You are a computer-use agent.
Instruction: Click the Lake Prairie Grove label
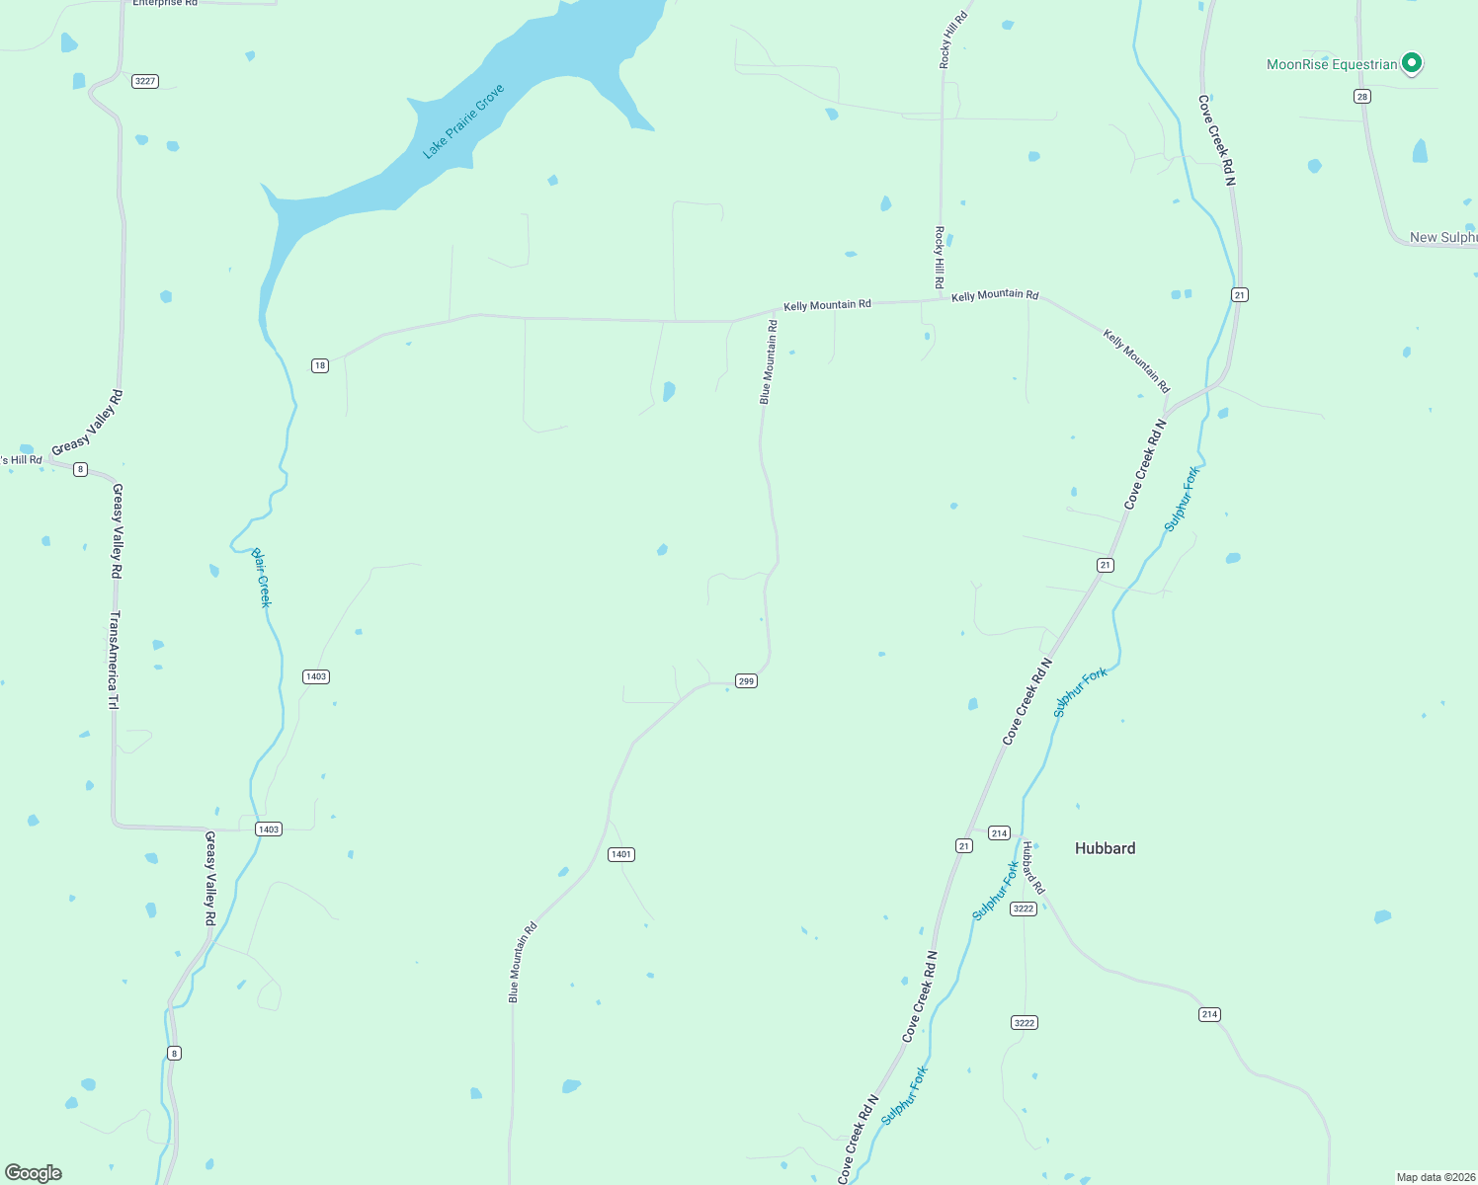point(463,121)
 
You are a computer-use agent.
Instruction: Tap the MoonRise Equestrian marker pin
point(1412,63)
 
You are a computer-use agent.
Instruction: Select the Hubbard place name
point(1105,848)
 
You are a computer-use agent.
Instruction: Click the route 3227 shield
point(145,81)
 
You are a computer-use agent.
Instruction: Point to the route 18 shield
point(319,365)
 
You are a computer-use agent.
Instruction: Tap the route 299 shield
point(746,680)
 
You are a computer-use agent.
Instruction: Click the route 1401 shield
point(620,854)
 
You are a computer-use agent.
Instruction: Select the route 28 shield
point(1362,96)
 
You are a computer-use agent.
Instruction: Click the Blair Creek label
point(261,578)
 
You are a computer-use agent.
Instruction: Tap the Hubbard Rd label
point(1032,868)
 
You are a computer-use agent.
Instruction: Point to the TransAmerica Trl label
point(114,660)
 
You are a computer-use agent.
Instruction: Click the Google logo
point(34,1173)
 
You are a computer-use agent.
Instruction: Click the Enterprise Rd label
point(165,3)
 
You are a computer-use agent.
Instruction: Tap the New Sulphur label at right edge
point(1442,237)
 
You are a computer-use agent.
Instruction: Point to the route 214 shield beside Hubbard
point(999,832)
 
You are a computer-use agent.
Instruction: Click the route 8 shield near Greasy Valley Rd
point(80,469)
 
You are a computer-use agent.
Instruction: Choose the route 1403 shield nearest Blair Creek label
point(315,676)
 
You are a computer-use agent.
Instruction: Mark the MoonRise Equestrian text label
point(1332,64)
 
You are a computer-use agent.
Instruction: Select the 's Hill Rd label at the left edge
point(21,460)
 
